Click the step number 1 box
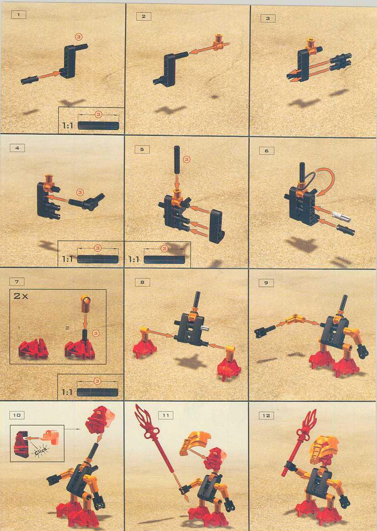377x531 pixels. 19,15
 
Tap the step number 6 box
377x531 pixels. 266,151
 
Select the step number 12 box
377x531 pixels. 266,415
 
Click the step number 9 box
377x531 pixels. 266,283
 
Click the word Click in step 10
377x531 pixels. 41,450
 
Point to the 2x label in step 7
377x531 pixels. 20,296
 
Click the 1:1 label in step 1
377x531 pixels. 68,125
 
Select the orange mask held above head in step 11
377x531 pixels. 196,441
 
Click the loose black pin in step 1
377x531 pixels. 29,81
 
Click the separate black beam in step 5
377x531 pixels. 215,226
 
